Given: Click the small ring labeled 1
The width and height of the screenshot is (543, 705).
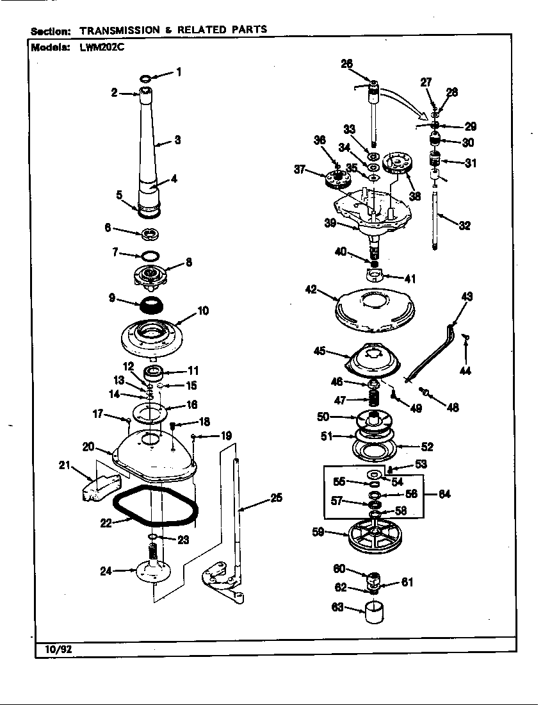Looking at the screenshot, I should pos(146,78).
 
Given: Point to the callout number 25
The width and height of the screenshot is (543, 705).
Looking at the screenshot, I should pos(276,497).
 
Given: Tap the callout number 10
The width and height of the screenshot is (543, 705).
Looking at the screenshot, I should pos(203,311).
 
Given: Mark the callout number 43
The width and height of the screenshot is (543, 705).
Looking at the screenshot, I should pos(467,296).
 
